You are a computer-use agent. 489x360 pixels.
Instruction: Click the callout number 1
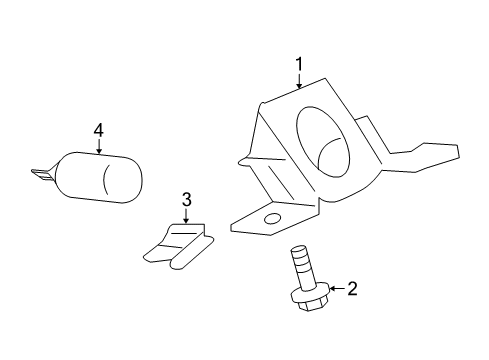point(298,66)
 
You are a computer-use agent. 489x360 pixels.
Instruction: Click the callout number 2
point(351,290)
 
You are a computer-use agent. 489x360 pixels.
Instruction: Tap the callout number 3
point(186,200)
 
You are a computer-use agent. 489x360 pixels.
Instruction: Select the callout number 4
point(98,130)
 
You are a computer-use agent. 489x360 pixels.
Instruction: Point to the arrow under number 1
point(298,81)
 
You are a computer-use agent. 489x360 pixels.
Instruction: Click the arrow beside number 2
point(335,290)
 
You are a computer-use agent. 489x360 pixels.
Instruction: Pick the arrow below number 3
point(186,216)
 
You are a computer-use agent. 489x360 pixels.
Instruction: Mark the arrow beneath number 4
point(98,146)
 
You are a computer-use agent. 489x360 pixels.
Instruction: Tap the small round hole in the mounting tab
point(271,217)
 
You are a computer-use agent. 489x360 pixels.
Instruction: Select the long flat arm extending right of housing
point(420,155)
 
